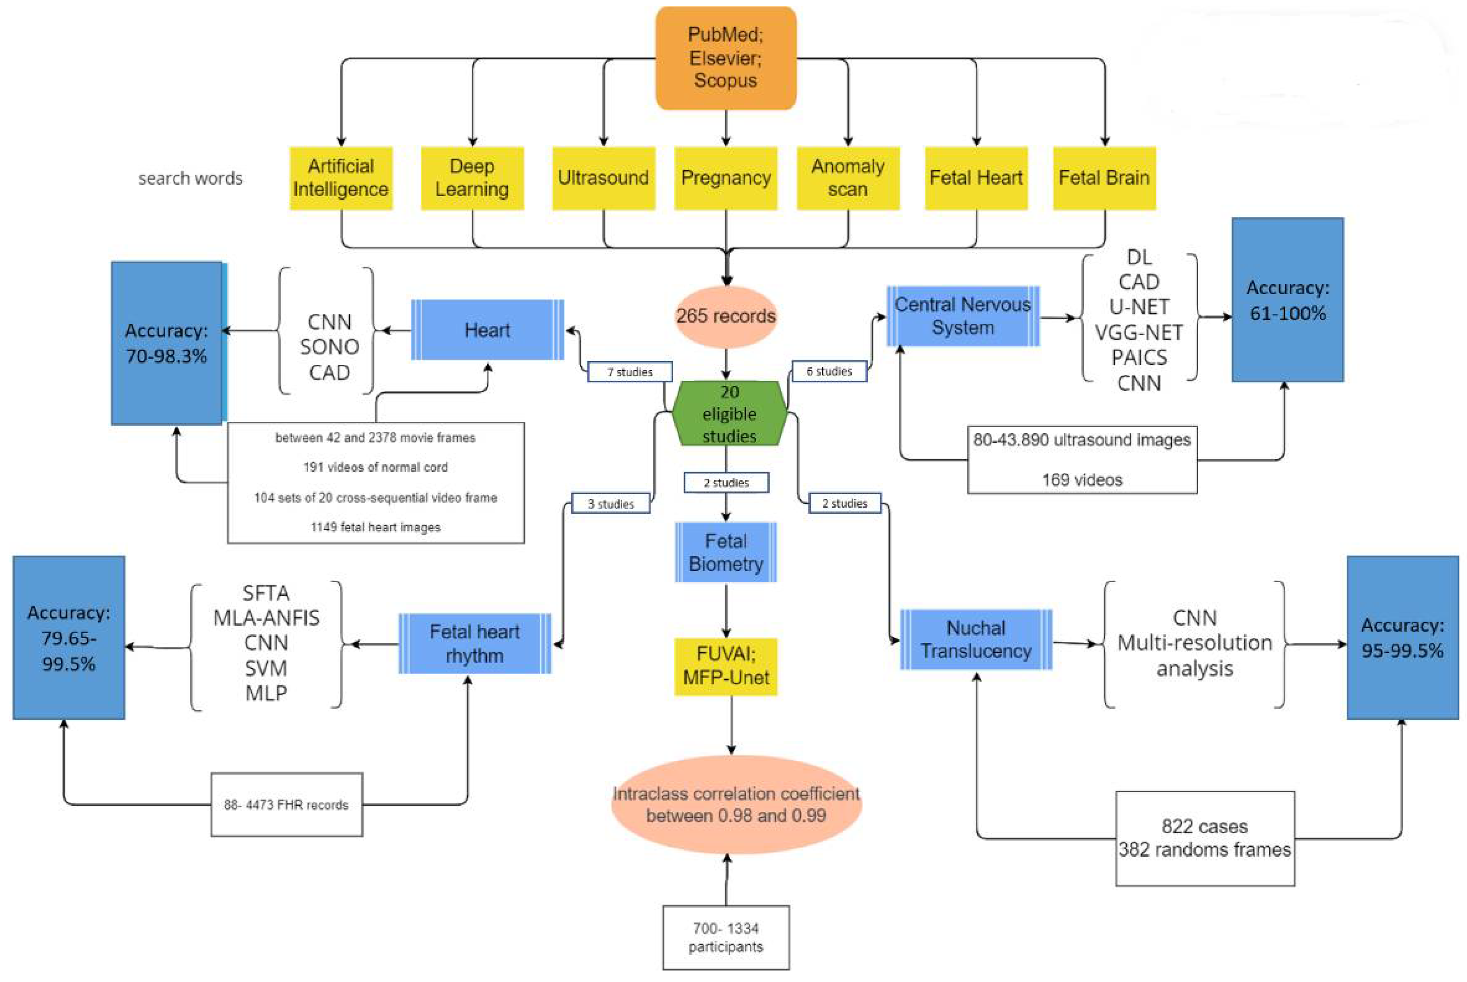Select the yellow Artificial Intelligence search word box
pos(341,178)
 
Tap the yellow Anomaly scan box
pos(848,178)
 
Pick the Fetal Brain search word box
pos(1104,178)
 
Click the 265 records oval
pos(726,316)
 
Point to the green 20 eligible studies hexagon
pos(729,413)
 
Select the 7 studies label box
pos(630,371)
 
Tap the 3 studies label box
pos(611,503)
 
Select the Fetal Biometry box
pos(726,552)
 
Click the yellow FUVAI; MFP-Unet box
pos(726,666)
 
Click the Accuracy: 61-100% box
pos(1287,300)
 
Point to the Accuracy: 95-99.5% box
pos(1402,638)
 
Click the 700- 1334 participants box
pos(726,937)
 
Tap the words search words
pos(190,178)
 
